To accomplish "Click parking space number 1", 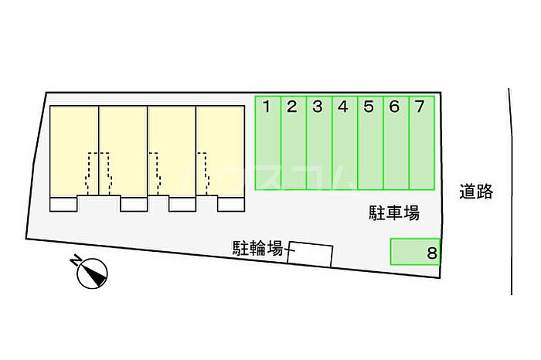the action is click(x=268, y=143).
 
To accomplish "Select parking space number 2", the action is click(x=294, y=143).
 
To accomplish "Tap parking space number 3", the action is click(x=319, y=143).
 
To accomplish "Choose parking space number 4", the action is click(x=345, y=143).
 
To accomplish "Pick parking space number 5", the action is click(x=370, y=143).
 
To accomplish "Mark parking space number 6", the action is click(x=396, y=143).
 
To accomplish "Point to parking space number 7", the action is click(x=422, y=143).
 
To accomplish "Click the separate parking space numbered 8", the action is click(x=415, y=252).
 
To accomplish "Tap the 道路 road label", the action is click(x=476, y=192).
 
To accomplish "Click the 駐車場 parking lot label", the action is click(x=394, y=212).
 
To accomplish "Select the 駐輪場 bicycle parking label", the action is click(x=257, y=248).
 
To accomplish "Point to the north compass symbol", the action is click(x=92, y=273).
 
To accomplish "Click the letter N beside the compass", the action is click(x=75, y=260).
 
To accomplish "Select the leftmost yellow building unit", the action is click(x=74, y=151).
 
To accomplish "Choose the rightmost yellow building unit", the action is click(x=220, y=151).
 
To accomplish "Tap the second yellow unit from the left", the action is click(x=123, y=151).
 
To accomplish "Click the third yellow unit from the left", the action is click(x=172, y=151).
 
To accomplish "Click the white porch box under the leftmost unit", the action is click(x=63, y=204).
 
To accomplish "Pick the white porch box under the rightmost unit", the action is click(x=231, y=204).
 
